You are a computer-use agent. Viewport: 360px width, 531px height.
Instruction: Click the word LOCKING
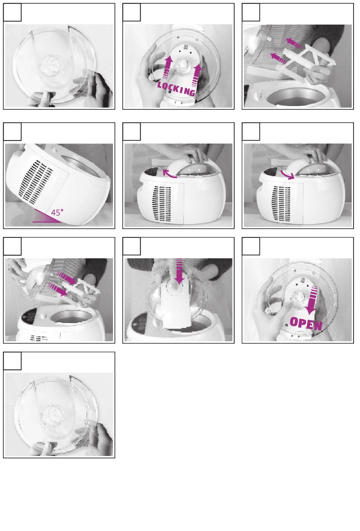[176, 89]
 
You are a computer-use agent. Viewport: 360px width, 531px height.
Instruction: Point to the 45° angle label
[57, 212]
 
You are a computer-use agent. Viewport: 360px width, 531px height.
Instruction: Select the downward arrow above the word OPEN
[311, 300]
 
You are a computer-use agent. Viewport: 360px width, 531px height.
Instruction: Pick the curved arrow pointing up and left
[169, 173]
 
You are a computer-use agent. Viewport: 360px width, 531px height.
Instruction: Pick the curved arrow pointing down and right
[287, 175]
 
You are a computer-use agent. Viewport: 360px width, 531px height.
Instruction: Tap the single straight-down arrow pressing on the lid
[180, 271]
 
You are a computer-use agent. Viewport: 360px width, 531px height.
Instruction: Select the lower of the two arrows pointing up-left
[279, 58]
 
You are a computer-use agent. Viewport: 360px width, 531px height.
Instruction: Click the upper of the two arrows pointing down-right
[66, 278]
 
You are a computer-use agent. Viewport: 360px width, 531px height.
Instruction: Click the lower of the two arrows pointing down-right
[57, 290]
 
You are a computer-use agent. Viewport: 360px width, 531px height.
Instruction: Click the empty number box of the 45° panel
[13, 131]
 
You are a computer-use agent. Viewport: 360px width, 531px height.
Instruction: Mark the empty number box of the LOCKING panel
[131, 12]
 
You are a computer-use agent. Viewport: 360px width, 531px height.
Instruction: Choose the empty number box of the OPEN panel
[251, 246]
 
